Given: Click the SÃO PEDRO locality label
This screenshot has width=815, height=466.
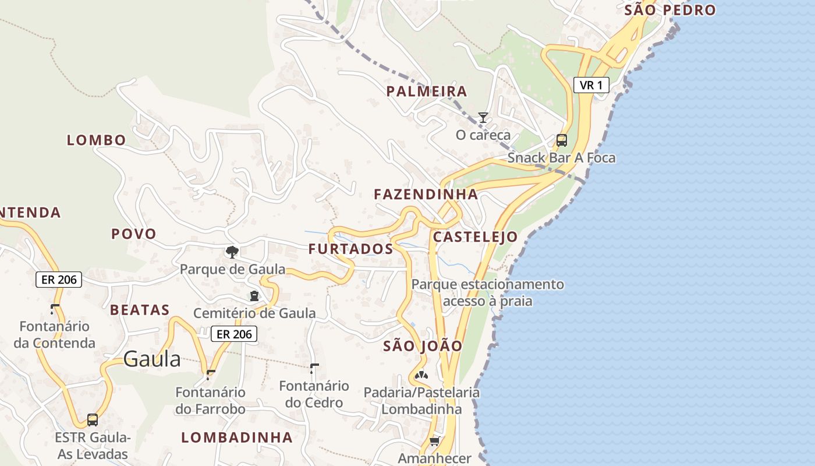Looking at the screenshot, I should coord(669,10).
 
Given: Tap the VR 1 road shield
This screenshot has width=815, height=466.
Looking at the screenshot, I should coord(591,85).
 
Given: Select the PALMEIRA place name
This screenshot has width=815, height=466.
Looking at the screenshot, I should coord(427,91).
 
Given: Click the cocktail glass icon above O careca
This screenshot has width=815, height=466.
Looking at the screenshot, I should coord(483,118).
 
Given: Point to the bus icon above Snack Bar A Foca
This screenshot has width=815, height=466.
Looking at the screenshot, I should coord(561,140).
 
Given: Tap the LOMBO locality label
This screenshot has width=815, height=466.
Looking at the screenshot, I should coord(97,140).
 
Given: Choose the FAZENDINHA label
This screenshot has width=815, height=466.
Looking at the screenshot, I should coord(426,194).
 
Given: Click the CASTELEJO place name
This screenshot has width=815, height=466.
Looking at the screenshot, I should coord(475,236).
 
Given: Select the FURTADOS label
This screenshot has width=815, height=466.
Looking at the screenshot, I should coord(350,249).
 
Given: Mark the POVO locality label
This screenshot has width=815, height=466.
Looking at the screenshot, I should coord(134,234).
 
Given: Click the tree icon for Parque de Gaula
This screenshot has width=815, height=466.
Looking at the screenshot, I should coord(232,252).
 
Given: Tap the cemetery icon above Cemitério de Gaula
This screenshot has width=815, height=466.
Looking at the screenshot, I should coord(254,296).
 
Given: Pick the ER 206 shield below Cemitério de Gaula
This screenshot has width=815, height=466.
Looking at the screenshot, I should coord(234,334).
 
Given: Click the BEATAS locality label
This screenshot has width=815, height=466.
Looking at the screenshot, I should coord(140,310).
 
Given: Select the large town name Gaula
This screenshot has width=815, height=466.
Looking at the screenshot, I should coord(152,359).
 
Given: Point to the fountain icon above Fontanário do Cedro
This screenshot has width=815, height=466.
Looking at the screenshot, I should coord(314,368).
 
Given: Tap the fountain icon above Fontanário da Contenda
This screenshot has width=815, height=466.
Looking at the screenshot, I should coord(55,309).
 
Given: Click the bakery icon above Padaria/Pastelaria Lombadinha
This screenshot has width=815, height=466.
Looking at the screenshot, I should coord(421,375).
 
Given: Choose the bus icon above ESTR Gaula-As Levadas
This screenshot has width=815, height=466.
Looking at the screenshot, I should coord(93,419).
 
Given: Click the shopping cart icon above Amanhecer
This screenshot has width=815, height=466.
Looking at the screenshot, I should coord(434,441).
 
